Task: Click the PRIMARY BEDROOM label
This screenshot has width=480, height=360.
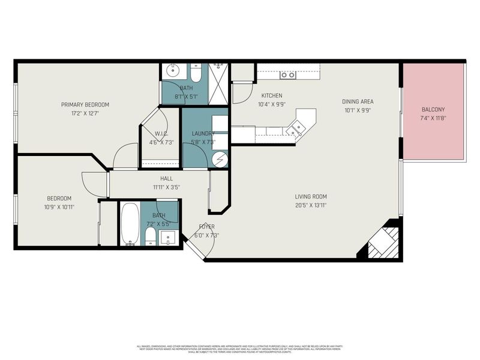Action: pos(85,104)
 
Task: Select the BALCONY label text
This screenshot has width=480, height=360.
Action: pos(433,110)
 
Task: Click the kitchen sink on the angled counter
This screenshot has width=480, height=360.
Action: pos(296,127)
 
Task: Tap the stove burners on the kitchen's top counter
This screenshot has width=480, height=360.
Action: pos(287,75)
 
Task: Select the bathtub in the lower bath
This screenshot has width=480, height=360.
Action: pos(130,224)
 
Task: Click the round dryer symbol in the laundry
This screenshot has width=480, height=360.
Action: pos(220,160)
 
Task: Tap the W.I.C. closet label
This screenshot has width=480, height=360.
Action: pos(161,134)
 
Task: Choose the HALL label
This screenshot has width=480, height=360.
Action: pos(166,179)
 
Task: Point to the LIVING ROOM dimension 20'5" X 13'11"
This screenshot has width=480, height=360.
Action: pos(310,205)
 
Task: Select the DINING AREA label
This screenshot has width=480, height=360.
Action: pos(358,101)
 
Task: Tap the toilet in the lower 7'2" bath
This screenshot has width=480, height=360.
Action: pos(149,235)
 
